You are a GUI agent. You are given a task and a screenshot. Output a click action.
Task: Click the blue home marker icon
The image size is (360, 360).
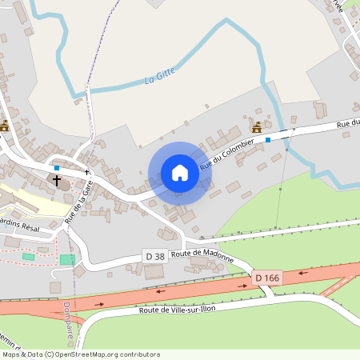[x=180, y=173]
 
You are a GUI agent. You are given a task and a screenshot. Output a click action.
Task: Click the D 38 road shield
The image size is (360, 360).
[x=154, y=255]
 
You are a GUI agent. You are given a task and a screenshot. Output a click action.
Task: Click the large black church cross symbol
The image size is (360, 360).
[x=57, y=180]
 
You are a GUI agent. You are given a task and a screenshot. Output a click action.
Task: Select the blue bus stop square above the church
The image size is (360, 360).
[x=57, y=168]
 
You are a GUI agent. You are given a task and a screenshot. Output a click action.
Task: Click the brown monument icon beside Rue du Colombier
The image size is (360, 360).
[x=257, y=126]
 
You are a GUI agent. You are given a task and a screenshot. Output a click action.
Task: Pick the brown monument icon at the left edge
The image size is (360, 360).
[x=5, y=126]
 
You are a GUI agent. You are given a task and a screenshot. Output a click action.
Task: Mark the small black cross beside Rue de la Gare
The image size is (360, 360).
[x=86, y=172]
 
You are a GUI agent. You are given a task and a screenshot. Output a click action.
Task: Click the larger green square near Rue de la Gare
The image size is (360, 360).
[x=66, y=260]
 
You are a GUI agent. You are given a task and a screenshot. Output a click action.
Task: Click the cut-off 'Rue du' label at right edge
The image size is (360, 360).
[x=348, y=122]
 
